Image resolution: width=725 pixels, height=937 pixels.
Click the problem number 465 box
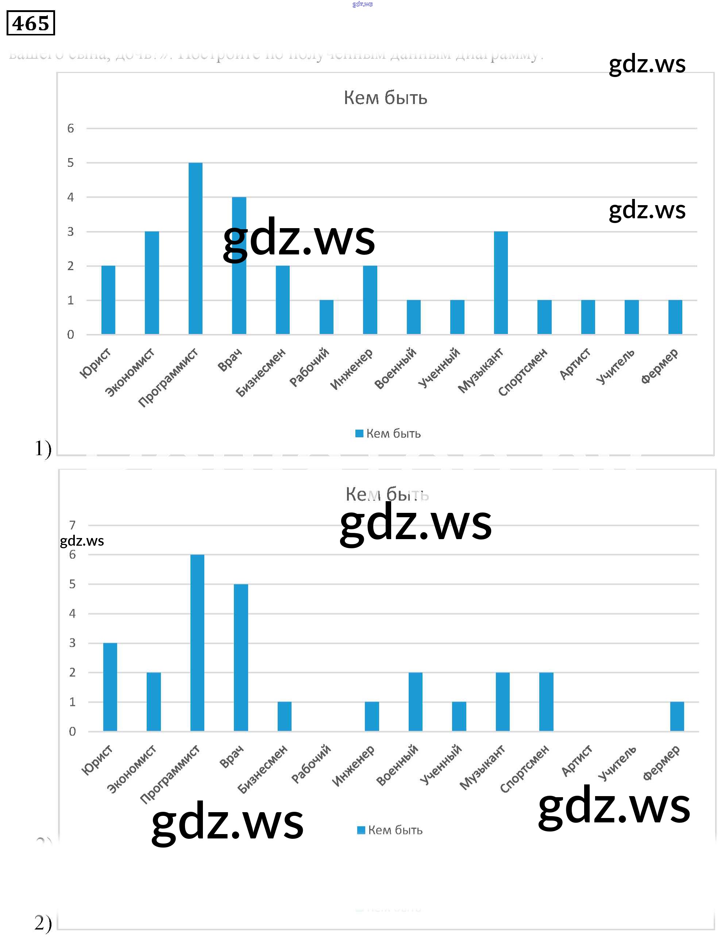[30, 23]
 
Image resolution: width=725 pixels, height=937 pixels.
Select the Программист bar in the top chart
[196, 249]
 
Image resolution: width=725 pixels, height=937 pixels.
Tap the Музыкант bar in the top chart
[501, 283]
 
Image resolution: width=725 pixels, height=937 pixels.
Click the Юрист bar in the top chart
[108, 300]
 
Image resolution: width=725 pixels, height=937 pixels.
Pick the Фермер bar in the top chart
[675, 317]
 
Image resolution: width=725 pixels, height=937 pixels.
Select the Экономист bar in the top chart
[152, 283]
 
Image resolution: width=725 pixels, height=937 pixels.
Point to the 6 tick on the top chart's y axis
[71, 128]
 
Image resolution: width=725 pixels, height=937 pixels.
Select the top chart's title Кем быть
[385, 98]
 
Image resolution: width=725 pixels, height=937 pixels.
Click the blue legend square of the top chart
[359, 433]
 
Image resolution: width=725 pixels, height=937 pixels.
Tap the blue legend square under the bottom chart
[361, 830]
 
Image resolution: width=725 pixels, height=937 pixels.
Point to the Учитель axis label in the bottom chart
[617, 764]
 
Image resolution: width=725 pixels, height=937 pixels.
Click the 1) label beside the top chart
[43, 449]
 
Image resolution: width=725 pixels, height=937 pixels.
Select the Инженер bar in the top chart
[370, 300]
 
